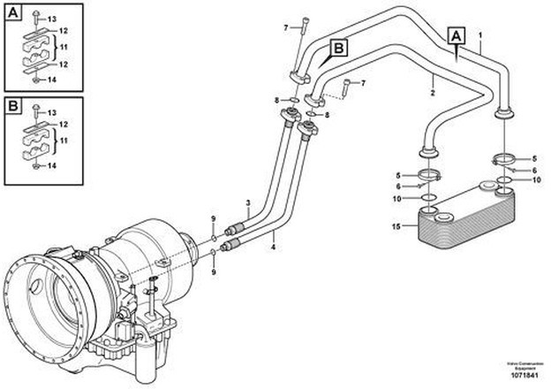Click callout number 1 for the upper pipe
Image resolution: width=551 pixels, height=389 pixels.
point(480,38)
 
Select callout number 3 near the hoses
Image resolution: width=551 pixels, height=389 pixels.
point(250,203)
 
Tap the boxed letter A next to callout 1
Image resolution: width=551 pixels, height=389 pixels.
point(457,36)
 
